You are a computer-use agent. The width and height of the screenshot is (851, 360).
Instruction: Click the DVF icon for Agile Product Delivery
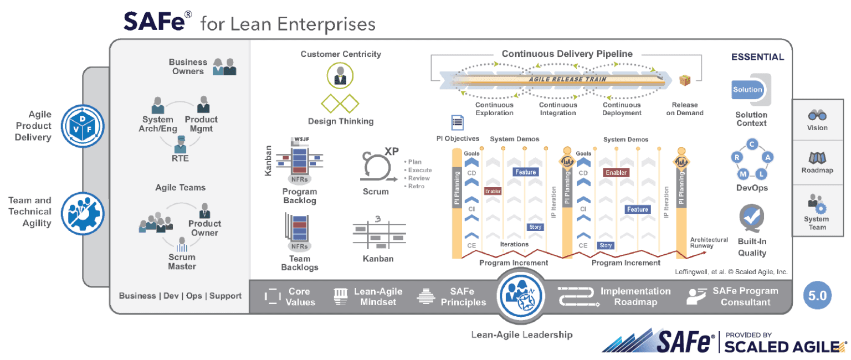click(x=82, y=125)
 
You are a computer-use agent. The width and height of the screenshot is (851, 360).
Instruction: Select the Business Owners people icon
click(x=225, y=66)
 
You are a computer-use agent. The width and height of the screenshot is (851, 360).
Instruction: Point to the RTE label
click(x=180, y=158)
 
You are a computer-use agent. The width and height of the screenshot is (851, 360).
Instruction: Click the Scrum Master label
click(x=182, y=261)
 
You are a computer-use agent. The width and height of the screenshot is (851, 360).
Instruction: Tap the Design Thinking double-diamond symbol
click(x=340, y=103)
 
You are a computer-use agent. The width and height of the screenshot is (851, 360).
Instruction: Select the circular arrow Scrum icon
click(x=375, y=166)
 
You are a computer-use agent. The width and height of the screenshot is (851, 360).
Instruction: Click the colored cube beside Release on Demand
click(x=685, y=80)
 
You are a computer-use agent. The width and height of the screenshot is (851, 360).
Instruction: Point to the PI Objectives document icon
click(x=457, y=122)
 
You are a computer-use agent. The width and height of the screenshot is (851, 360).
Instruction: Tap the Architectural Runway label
click(x=709, y=243)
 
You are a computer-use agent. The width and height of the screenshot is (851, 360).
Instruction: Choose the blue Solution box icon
click(x=748, y=89)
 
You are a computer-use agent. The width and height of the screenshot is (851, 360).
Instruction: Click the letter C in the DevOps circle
click(x=752, y=145)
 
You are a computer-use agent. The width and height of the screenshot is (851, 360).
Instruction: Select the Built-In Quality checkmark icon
click(x=752, y=217)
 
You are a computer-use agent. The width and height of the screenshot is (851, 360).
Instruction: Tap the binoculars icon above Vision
click(x=817, y=115)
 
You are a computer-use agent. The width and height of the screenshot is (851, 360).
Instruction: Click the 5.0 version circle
click(x=817, y=296)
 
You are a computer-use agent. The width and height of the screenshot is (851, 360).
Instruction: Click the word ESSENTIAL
click(x=757, y=57)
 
